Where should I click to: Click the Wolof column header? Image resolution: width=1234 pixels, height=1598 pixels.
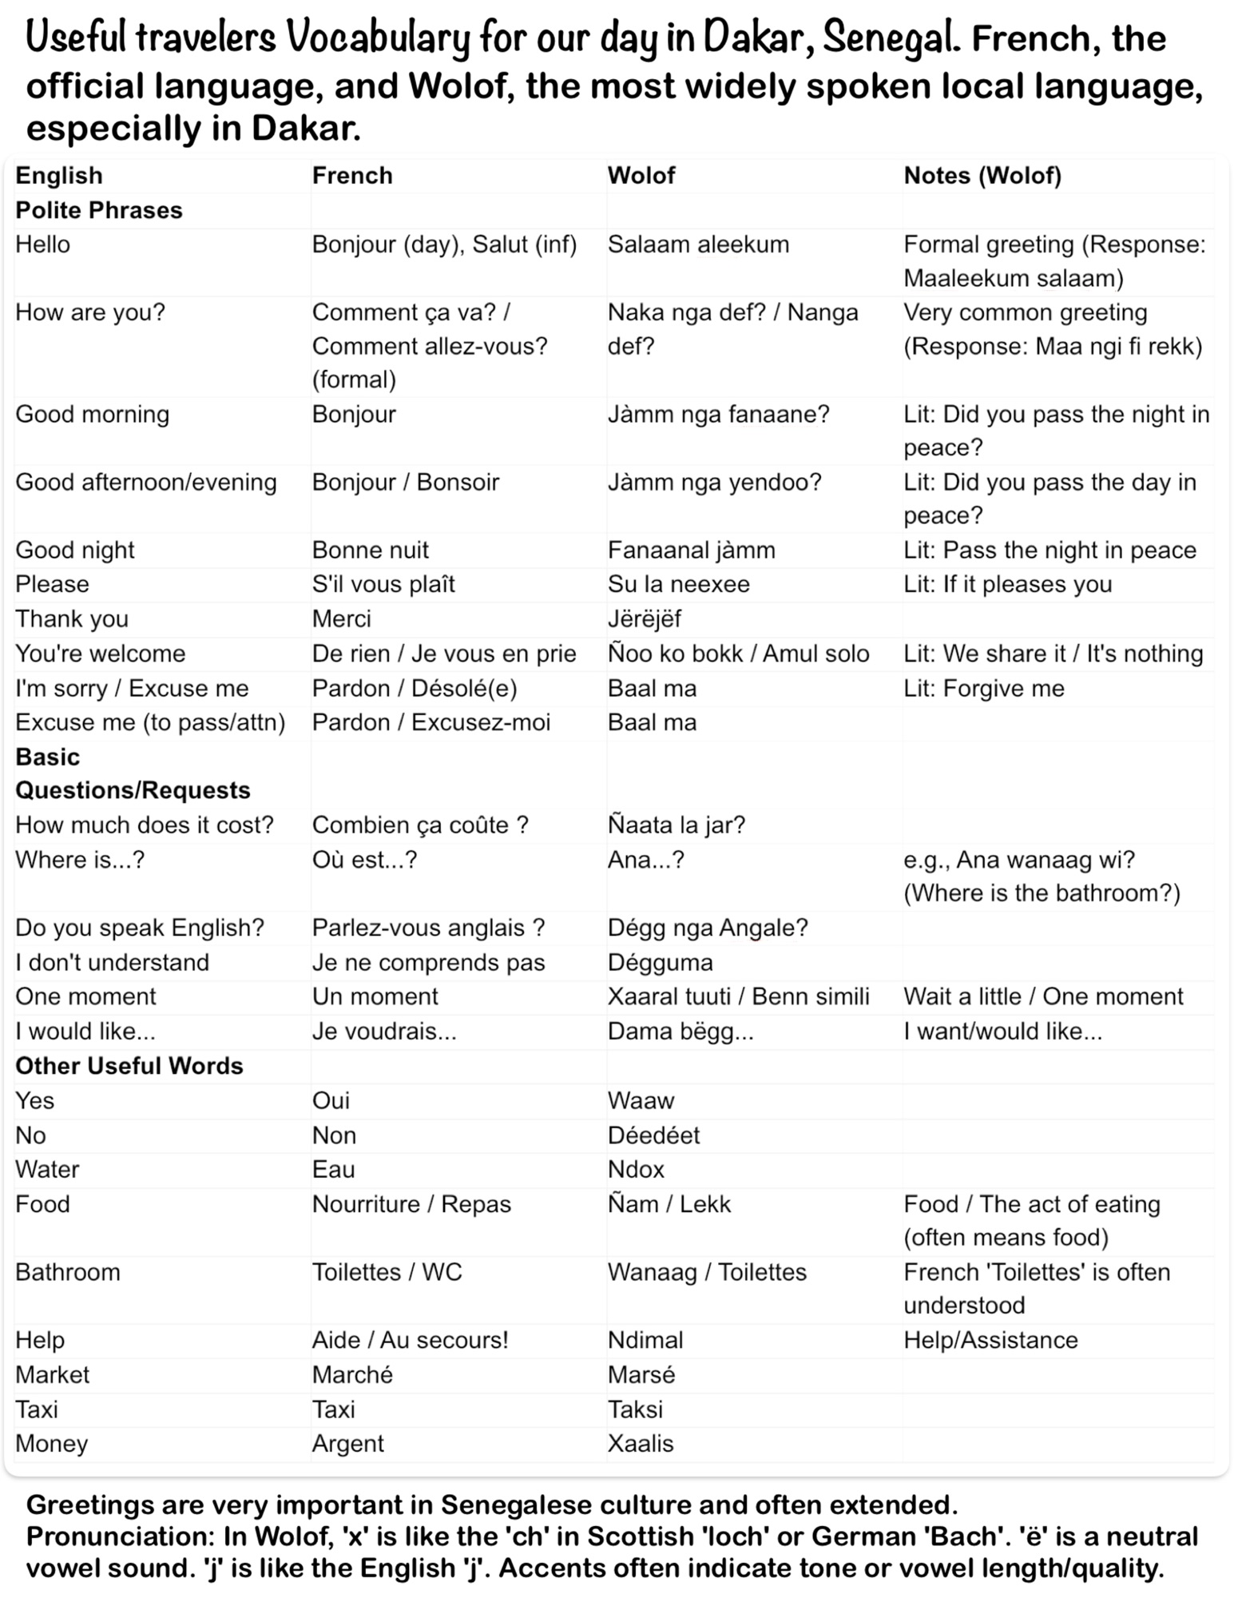[x=641, y=176]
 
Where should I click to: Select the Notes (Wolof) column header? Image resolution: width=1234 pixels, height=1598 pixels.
[x=982, y=176]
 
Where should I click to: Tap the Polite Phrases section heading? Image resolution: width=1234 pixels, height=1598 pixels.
[x=99, y=210]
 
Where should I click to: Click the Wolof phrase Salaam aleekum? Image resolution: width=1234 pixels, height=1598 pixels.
[x=698, y=244]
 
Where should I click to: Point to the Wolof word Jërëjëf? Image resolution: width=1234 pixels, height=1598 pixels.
[x=645, y=619]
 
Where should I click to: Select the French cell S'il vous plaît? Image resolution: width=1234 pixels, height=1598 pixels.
[x=383, y=584]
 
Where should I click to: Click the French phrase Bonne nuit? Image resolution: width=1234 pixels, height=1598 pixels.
[x=371, y=550]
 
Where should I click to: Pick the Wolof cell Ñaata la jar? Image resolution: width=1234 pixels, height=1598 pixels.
[x=677, y=825]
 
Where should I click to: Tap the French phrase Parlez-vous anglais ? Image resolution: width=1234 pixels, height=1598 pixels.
[x=429, y=928]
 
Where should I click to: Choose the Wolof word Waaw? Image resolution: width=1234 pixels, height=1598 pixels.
[x=641, y=1100]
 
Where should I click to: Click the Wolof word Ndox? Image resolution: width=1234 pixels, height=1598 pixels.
[x=637, y=1169]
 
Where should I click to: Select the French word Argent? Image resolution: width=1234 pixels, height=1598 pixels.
[x=348, y=1443]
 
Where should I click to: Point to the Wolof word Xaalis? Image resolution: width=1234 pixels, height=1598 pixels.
[x=641, y=1443]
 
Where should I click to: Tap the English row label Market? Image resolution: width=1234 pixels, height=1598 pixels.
[x=53, y=1374]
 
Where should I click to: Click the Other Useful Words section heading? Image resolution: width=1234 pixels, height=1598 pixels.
[x=129, y=1066]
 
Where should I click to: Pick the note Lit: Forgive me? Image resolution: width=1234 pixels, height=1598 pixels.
[x=984, y=688]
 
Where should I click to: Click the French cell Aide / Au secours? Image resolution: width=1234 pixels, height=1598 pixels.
[x=411, y=1340]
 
